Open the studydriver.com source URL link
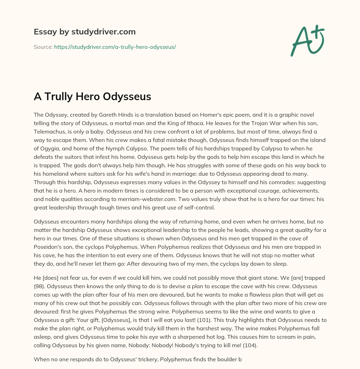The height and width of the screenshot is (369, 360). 115,47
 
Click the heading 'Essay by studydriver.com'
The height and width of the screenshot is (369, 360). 84,32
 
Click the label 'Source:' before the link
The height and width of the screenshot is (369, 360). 43,47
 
